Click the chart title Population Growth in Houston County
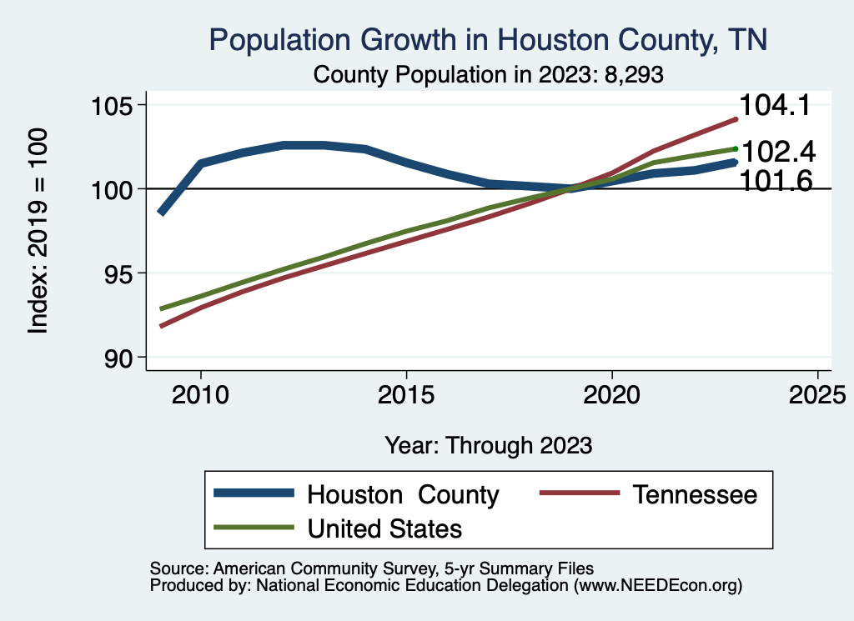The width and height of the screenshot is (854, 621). pos(488,40)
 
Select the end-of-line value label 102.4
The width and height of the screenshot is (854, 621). pos(777,153)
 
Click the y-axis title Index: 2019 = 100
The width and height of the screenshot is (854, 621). pos(38,231)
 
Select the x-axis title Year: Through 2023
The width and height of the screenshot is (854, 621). pos(489,445)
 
